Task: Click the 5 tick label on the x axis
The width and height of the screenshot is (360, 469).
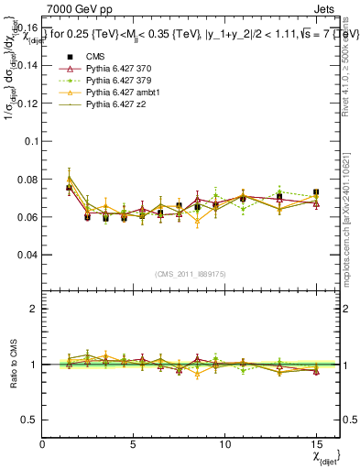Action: [x=134, y=443]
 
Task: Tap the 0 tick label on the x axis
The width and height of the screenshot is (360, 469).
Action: [x=42, y=443]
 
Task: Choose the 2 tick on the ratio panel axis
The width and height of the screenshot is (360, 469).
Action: [x=35, y=309]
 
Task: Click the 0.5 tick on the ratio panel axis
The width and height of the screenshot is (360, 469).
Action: [x=30, y=420]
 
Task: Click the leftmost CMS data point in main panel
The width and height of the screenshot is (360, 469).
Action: [x=70, y=188]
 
